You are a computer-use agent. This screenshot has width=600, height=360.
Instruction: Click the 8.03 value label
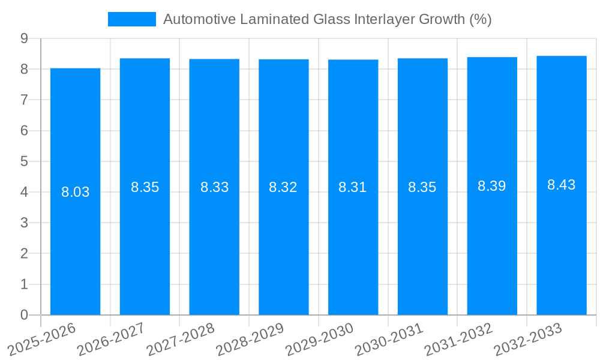point(76,193)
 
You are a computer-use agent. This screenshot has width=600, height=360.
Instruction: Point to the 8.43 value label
point(562,185)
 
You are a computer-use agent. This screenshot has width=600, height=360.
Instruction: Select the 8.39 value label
point(492,186)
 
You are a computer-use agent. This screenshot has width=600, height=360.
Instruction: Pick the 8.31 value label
point(353,187)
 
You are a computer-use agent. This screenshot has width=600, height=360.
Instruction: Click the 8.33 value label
point(214,187)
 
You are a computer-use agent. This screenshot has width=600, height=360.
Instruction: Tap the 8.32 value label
point(283,187)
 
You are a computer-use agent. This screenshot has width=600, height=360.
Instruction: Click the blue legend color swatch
point(132,19)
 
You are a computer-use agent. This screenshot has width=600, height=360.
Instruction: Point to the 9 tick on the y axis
point(24,38)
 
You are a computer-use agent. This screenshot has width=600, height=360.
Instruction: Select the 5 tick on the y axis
point(24,161)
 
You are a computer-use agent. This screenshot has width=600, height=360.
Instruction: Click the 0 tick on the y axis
point(24,315)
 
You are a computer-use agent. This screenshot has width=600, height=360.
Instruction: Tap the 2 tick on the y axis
point(24,254)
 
